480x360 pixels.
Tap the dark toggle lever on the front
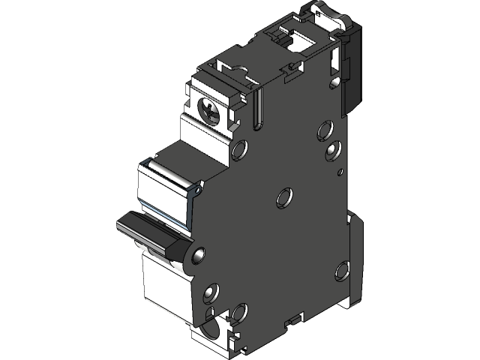coord(146,229)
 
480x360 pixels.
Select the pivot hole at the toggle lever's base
coord(196,256)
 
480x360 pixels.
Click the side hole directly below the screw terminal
coord(240,150)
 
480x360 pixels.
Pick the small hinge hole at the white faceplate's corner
coord(196,191)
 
